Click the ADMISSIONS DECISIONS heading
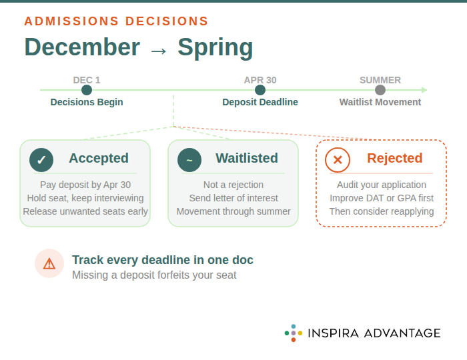pyautogui.click(x=116, y=21)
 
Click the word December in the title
pyautogui.click(x=82, y=48)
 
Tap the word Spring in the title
pyautogui.click(x=215, y=48)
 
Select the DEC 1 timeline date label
pyautogui.click(x=87, y=80)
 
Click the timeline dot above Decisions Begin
pyautogui.click(x=87, y=90)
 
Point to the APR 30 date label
pyautogui.click(x=260, y=80)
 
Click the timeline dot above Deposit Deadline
pyautogui.click(x=260, y=90)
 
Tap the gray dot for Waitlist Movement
pyautogui.click(x=380, y=90)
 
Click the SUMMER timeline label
pyautogui.click(x=380, y=80)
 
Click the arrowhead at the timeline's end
pyautogui.click(x=424, y=90)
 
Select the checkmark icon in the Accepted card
pyautogui.click(x=41, y=160)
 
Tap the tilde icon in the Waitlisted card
pyautogui.click(x=189, y=160)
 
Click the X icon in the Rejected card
pyautogui.click(x=338, y=160)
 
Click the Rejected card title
pyautogui.click(x=394, y=158)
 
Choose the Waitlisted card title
pyautogui.click(x=246, y=158)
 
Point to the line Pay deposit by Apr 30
pyautogui.click(x=85, y=185)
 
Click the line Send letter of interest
pyautogui.click(x=233, y=198)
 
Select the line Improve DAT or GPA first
pyautogui.click(x=382, y=198)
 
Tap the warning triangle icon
pyautogui.click(x=49, y=263)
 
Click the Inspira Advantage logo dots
pyautogui.click(x=294, y=333)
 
